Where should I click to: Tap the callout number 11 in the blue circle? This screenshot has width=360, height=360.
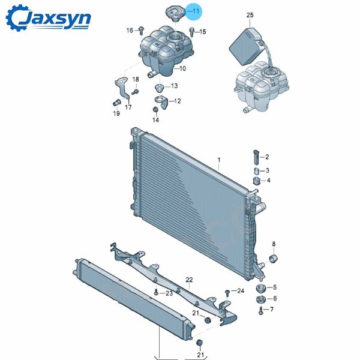196,11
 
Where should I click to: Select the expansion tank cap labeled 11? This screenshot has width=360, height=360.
176,14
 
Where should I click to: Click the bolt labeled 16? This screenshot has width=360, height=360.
141,31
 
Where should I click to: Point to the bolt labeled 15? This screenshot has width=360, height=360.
192,32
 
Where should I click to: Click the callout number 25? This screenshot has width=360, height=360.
250,15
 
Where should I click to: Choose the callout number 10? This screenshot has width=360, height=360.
182,68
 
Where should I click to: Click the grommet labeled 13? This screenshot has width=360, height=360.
159,88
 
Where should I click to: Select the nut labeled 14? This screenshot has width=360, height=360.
155,110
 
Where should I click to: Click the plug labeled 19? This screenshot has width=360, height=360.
117,103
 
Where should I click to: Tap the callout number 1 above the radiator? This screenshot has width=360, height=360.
219,160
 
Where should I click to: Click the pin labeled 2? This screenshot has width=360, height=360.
256,157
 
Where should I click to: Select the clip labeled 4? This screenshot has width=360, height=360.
256,181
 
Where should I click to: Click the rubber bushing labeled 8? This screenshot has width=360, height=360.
273,259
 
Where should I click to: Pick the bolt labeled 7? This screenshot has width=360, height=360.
260,311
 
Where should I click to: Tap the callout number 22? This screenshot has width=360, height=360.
189,280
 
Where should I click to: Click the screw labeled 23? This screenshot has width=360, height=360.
156,292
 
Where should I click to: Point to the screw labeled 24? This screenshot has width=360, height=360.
227,293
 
